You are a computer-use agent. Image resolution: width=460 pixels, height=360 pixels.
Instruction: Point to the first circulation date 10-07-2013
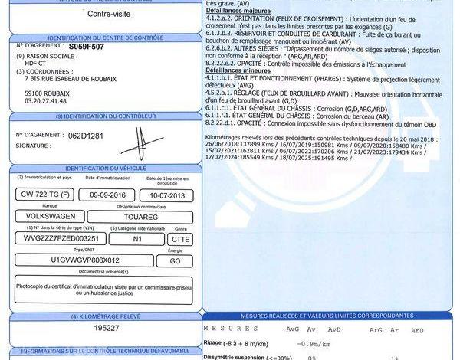(x=167, y=195)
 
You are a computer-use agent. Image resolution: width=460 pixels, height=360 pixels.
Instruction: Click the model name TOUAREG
(x=146, y=217)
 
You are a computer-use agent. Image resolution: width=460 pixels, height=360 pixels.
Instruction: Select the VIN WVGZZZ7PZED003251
(x=58, y=238)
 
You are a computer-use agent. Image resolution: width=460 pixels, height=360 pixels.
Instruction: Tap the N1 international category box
(x=137, y=238)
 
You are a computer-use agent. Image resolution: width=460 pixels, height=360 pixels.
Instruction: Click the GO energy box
(x=175, y=260)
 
